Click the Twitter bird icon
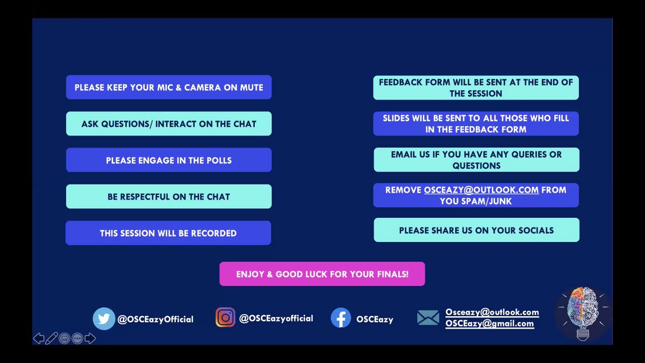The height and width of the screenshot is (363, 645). (x=104, y=318)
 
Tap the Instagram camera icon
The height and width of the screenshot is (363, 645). (x=225, y=317)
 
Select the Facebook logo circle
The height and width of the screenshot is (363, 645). (x=341, y=318)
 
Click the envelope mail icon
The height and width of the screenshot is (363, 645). (x=428, y=317)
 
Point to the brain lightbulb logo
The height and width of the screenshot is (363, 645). (x=583, y=314)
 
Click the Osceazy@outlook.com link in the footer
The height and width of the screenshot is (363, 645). (x=492, y=312)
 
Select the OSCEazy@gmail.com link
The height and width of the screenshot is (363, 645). (x=490, y=324)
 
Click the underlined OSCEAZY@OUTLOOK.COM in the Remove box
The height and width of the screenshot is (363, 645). (x=481, y=190)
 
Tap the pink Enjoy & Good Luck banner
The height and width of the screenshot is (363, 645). (x=322, y=274)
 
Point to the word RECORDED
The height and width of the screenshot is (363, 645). (x=214, y=233)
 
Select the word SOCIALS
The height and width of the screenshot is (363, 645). (x=537, y=231)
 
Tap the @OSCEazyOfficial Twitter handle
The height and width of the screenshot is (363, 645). (x=155, y=319)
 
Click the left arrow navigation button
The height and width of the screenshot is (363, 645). (x=39, y=338)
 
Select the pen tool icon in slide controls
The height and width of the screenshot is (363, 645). (x=52, y=338)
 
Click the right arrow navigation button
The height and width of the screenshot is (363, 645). (x=90, y=338)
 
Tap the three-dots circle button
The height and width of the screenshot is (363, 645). (x=77, y=338)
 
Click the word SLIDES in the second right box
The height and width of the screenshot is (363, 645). (x=397, y=118)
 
